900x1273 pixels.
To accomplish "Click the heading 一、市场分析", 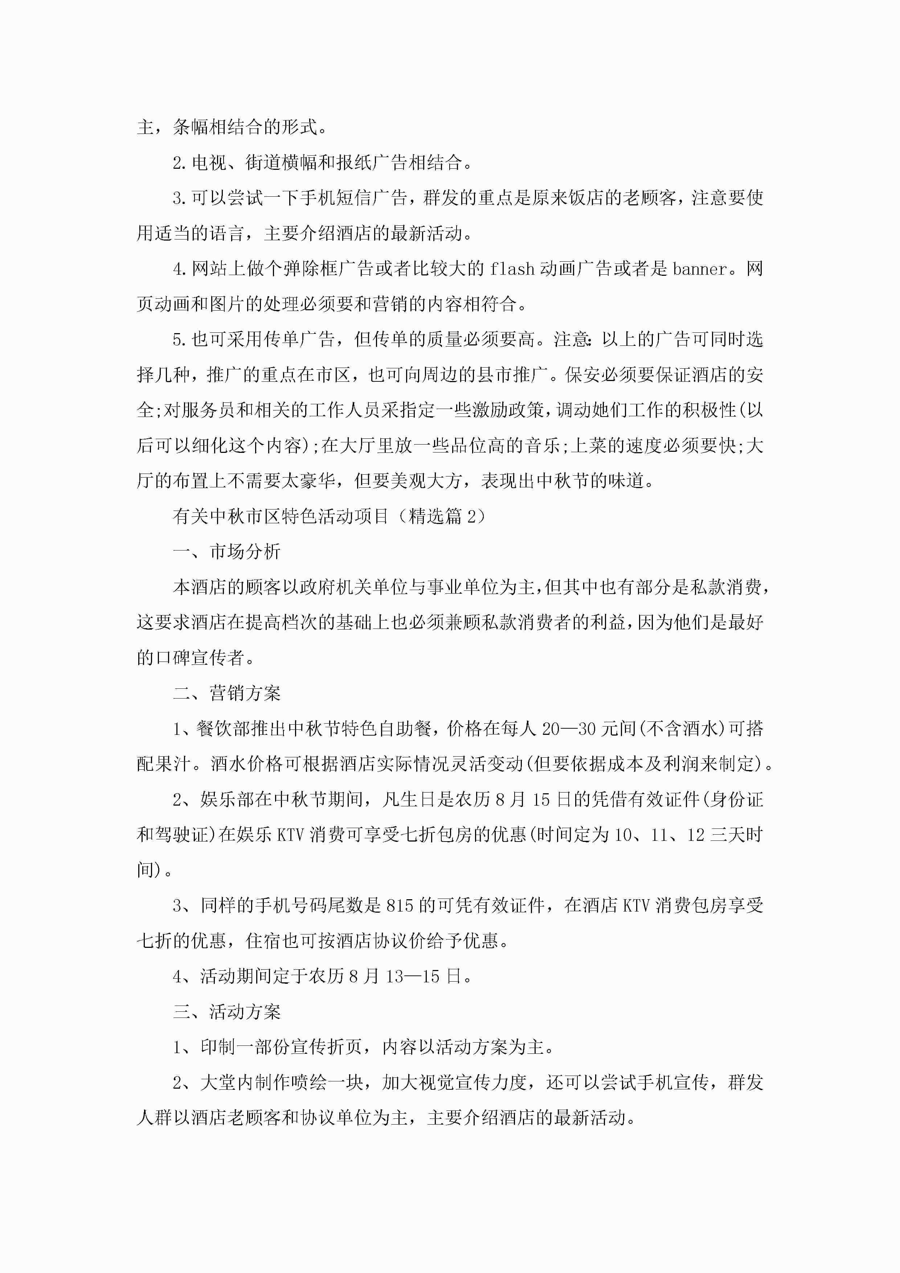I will coord(227,552).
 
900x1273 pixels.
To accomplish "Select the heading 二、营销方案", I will coord(227,693).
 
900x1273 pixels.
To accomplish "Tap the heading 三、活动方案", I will coord(227,1012).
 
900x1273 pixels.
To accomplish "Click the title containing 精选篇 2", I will coord(330,516).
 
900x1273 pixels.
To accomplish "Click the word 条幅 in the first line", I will coord(191,127).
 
